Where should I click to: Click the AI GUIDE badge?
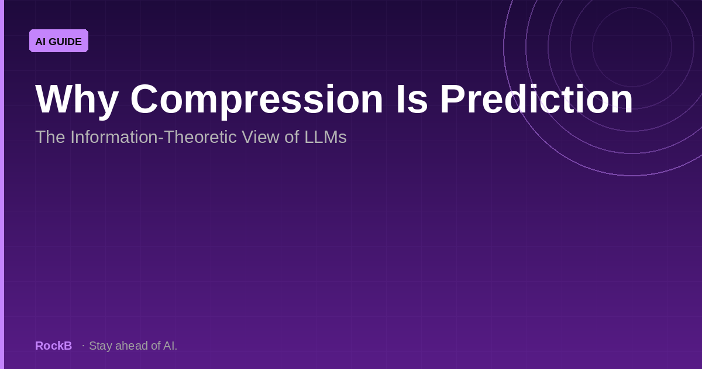click(58, 41)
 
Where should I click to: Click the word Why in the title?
click(77, 100)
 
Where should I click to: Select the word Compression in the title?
click(257, 100)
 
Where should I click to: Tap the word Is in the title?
click(412, 98)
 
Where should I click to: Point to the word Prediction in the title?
click(536, 98)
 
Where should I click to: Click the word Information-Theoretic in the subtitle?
click(153, 137)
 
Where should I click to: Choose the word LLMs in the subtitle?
click(326, 137)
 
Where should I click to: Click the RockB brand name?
click(54, 346)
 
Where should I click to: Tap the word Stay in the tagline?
click(101, 346)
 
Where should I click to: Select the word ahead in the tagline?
click(132, 346)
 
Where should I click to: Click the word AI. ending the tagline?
click(170, 346)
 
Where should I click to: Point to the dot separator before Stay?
click(83, 346)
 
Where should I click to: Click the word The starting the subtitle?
click(50, 137)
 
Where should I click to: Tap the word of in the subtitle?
click(292, 137)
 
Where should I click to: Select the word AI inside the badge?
click(41, 42)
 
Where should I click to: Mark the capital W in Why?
click(56, 98)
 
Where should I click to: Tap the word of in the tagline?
click(156, 346)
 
